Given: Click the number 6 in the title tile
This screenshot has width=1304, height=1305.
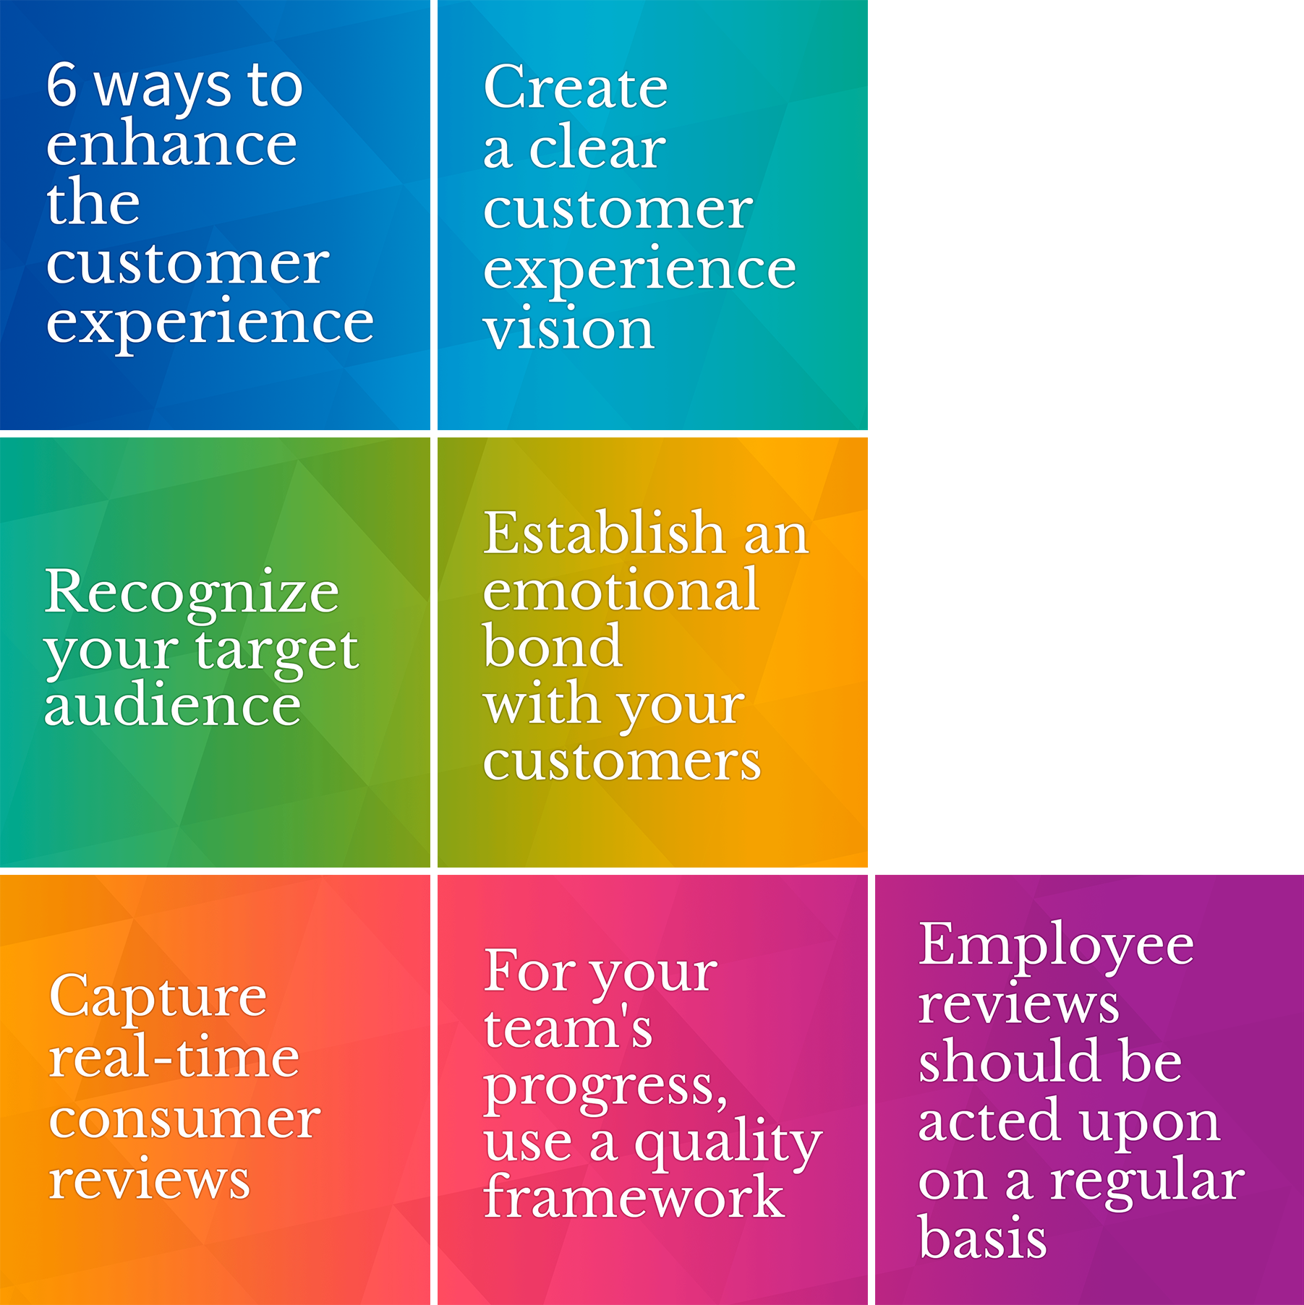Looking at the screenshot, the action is (61, 85).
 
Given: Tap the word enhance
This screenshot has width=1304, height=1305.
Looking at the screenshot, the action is (171, 143).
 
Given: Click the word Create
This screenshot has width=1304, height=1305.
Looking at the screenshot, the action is (576, 87).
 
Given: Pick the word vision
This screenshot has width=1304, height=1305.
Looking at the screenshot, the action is (569, 328).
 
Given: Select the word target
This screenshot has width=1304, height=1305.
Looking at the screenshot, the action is (277, 651).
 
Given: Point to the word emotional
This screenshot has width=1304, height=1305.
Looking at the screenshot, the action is (621, 590).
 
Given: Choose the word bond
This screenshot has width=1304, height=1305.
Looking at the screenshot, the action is (553, 646).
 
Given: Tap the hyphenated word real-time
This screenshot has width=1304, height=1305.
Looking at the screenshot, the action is (174, 1056).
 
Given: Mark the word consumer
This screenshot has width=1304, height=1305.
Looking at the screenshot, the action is (184, 1119).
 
